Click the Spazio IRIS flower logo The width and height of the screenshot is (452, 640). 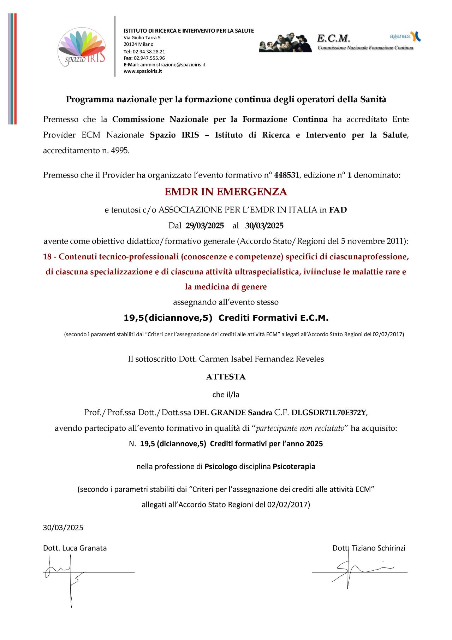click(82, 47)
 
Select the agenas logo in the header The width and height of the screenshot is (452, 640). click(405, 36)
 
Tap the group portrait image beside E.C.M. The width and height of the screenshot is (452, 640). click(285, 43)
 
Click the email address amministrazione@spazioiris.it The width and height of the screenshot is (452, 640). click(173, 65)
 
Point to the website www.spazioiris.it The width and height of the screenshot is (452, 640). click(143, 71)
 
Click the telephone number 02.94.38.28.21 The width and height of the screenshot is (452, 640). click(149, 51)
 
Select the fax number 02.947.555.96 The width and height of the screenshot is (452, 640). click(149, 58)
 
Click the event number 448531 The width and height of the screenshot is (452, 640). click(286, 175)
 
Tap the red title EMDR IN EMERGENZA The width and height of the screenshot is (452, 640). click(226, 192)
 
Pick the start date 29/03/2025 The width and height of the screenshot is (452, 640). click(205, 226)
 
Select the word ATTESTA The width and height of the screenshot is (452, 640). click(226, 377)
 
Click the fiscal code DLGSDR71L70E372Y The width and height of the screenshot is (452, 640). click(329, 412)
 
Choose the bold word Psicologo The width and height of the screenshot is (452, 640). click(221, 466)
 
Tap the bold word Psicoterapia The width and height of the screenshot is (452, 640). click(294, 466)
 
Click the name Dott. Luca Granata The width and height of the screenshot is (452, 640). click(75, 548)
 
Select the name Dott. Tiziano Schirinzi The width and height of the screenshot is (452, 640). click(369, 548)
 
